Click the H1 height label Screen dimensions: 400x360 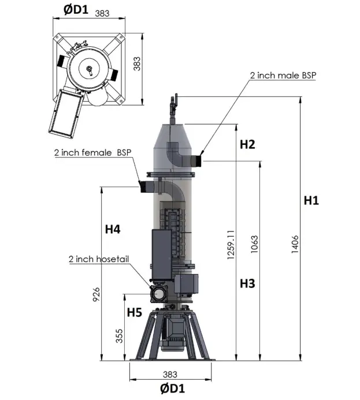(x=311, y=200)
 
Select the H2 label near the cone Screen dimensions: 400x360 (x=247, y=144)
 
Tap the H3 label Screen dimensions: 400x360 (x=247, y=283)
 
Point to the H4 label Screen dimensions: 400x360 (x=113, y=229)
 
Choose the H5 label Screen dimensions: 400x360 (x=135, y=312)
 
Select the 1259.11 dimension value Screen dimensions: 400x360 (x=231, y=245)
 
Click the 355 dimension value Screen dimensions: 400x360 (x=120, y=337)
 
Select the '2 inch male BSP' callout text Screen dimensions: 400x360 (x=283, y=75)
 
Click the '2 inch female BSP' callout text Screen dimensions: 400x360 (x=92, y=153)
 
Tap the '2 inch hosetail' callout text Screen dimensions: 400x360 (x=96, y=259)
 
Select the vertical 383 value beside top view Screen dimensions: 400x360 (x=137, y=63)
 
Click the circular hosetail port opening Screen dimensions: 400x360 (x=158, y=294)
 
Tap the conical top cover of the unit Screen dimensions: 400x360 (x=172, y=144)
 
